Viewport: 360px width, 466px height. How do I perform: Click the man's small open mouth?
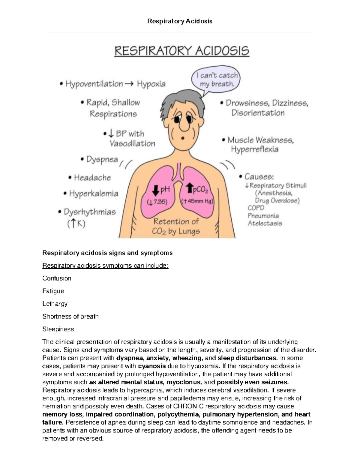click(x=182, y=139)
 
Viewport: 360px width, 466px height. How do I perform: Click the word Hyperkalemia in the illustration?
click(x=94, y=194)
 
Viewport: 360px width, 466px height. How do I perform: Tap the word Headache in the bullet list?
click(x=92, y=178)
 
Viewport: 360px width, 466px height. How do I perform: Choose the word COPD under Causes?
click(x=256, y=208)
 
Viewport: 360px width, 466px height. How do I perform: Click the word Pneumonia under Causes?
click(x=263, y=216)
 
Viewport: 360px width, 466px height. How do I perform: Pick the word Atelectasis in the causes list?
click(x=265, y=224)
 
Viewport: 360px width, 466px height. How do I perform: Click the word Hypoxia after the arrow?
click(x=151, y=84)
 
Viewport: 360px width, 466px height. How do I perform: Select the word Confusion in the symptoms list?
click(x=57, y=278)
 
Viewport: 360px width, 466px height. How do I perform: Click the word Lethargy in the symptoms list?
click(x=55, y=304)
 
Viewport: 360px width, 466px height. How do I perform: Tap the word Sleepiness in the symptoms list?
click(x=58, y=329)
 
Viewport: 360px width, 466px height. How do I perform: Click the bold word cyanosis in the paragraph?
click(x=152, y=366)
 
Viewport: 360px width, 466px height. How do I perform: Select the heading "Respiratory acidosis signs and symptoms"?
click(x=107, y=253)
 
